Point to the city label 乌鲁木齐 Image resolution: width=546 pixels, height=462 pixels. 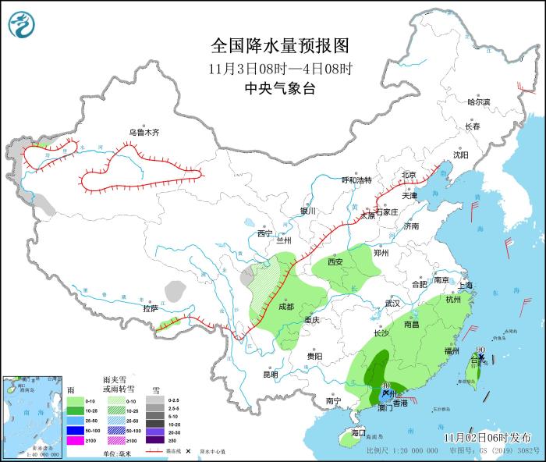[x=144, y=133]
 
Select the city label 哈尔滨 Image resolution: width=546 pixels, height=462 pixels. [x=478, y=102]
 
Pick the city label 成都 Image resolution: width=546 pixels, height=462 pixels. [x=285, y=307]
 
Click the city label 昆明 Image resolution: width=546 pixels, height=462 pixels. [x=270, y=374]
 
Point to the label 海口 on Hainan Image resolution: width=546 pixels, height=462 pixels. [x=358, y=432]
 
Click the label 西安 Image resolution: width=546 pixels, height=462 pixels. [x=335, y=262]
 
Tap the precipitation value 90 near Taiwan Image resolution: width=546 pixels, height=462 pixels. [x=480, y=350]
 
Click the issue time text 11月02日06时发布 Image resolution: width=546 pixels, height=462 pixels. [x=487, y=437]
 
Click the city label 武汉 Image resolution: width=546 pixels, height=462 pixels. [x=392, y=303]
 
